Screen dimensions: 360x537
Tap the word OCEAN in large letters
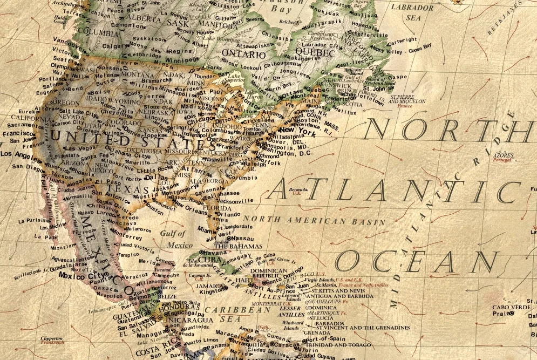pos(416,262)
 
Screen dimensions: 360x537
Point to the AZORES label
pos(504,155)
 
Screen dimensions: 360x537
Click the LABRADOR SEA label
pos(412,12)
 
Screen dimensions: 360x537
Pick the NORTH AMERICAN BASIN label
pos(314,221)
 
